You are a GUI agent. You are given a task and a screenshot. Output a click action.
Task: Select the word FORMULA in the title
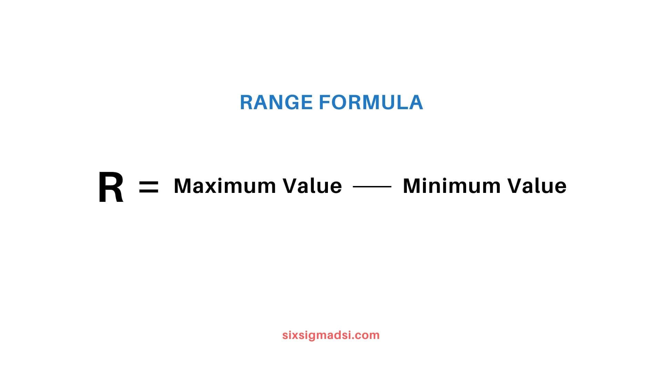[x=371, y=102]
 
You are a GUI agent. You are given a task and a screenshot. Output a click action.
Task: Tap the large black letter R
[x=111, y=187]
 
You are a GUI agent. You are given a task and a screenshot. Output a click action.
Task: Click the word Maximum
[x=225, y=186]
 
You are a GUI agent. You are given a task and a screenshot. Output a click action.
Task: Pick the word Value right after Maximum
[x=312, y=186]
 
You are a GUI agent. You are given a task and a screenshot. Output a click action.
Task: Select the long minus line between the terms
[x=372, y=187]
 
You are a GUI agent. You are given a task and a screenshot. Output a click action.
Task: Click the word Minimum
[x=452, y=186]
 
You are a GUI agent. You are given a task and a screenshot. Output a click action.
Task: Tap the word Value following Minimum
[x=537, y=186]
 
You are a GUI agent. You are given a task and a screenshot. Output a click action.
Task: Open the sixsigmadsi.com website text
[x=331, y=335]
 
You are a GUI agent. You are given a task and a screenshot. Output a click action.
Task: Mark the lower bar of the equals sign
[x=149, y=191]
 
